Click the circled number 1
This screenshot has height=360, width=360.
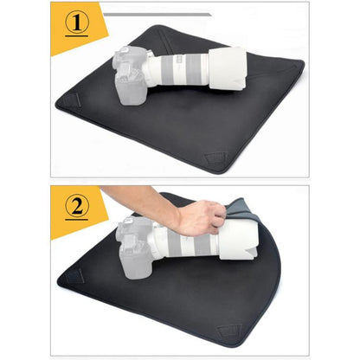point(77,22)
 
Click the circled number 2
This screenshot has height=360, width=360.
point(77,205)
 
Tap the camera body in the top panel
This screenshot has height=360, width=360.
point(129,75)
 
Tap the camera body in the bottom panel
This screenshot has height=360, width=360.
point(132,248)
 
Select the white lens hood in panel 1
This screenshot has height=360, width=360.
point(228,68)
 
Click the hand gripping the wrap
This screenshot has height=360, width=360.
point(201,218)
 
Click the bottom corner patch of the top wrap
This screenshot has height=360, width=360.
point(215,157)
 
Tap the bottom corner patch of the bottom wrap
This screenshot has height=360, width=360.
point(229,331)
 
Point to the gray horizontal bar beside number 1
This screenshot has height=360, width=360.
point(157,15)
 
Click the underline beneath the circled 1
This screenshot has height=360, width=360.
point(77,36)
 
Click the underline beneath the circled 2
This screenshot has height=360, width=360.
point(77,220)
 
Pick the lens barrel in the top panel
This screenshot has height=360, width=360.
point(179,70)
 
